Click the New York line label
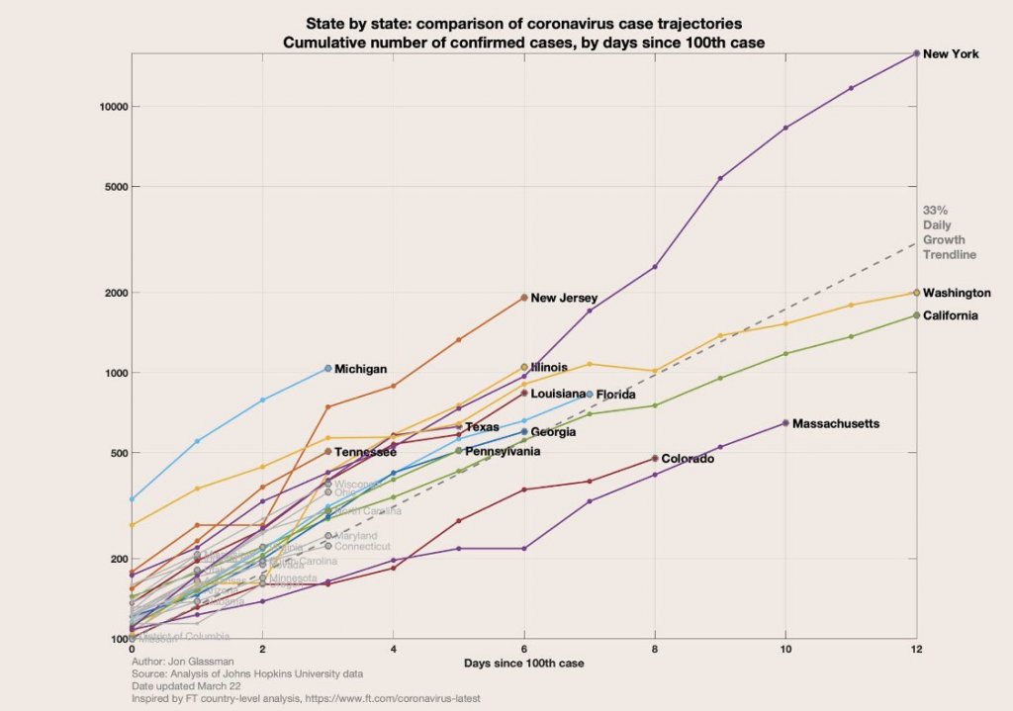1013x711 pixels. pos(951,54)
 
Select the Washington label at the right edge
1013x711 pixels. pos(957,293)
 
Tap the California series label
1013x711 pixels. pos(951,315)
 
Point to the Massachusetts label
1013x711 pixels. pos(836,423)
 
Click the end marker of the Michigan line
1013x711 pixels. pos(328,369)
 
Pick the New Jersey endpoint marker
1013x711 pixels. pos(524,297)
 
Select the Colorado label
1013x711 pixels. pos(688,459)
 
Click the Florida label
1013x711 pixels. pos(615,395)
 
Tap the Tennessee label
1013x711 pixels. pos(366,452)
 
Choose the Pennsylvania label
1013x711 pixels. pos(503,451)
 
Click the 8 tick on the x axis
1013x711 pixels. pos(655,649)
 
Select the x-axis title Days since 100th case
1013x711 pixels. pos(523,663)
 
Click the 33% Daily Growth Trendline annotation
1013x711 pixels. pos(949,233)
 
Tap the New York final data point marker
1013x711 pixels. pos(917,53)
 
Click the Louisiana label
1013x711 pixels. pos(558,394)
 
